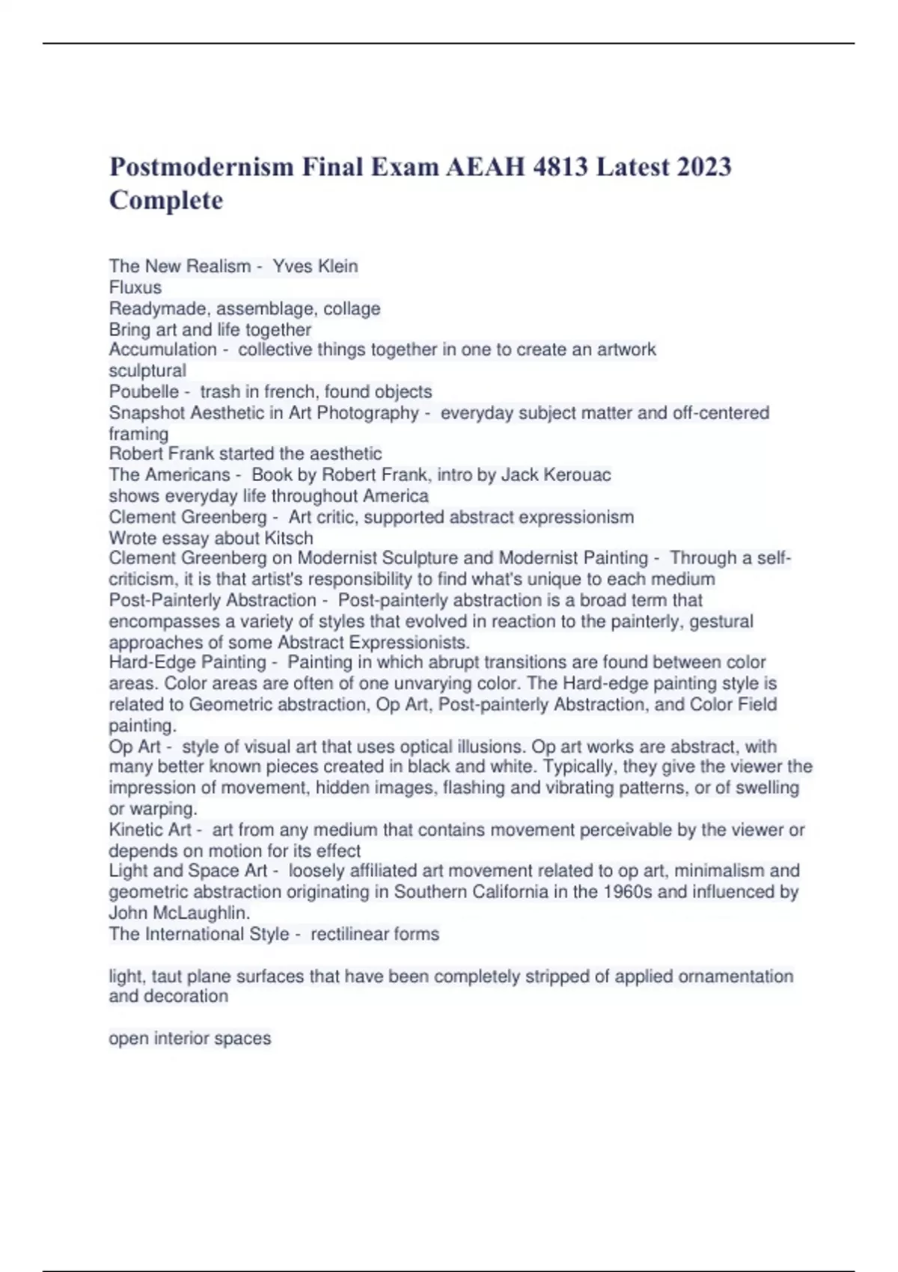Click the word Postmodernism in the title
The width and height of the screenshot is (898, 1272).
[x=201, y=166]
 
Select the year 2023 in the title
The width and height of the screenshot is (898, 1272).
[x=703, y=166]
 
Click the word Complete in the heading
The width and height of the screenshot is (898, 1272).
[x=166, y=201]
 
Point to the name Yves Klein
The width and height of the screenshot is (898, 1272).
[x=315, y=266]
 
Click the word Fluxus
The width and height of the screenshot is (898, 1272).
[x=135, y=287]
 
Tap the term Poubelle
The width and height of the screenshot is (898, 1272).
[x=144, y=391]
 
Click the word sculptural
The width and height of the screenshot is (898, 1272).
[x=147, y=371]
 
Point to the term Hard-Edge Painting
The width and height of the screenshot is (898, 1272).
[x=187, y=662]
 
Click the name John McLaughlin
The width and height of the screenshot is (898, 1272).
[x=179, y=914]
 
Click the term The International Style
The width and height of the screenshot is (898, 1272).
[x=199, y=935]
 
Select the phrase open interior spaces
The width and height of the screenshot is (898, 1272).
[x=190, y=1039]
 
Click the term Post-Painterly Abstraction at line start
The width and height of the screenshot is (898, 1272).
[x=213, y=600]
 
